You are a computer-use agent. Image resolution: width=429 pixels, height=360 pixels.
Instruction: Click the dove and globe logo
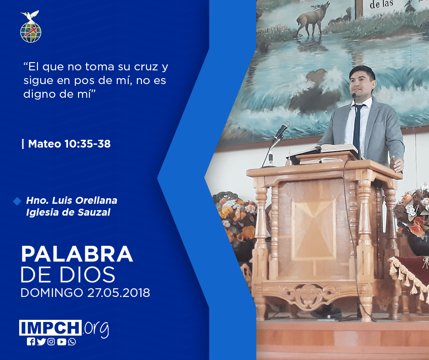[31, 26]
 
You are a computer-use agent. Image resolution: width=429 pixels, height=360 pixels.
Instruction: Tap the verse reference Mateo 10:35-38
[69, 144]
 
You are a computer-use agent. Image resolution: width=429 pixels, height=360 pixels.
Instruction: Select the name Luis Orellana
[84, 200]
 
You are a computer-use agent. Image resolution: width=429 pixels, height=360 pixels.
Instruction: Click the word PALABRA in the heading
[77, 254]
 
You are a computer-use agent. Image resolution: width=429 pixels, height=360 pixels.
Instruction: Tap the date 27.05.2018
[119, 292]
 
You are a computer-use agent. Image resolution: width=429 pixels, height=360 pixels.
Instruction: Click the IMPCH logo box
[50, 328]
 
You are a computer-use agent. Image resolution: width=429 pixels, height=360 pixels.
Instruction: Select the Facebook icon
[31, 342]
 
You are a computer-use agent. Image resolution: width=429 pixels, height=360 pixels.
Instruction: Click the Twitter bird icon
[41, 342]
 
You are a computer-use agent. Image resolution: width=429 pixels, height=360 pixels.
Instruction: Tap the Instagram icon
[51, 342]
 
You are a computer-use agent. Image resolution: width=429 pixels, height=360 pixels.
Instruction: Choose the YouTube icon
[62, 342]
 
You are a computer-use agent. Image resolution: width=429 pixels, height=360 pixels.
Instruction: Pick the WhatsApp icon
[72, 342]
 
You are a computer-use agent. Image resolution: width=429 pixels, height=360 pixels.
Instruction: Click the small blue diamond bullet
[17, 201]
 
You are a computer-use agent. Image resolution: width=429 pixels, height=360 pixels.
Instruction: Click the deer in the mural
[313, 19]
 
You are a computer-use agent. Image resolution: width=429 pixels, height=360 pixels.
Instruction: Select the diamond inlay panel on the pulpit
[314, 229]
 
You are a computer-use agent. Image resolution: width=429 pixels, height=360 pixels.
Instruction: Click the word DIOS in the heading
[87, 275]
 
